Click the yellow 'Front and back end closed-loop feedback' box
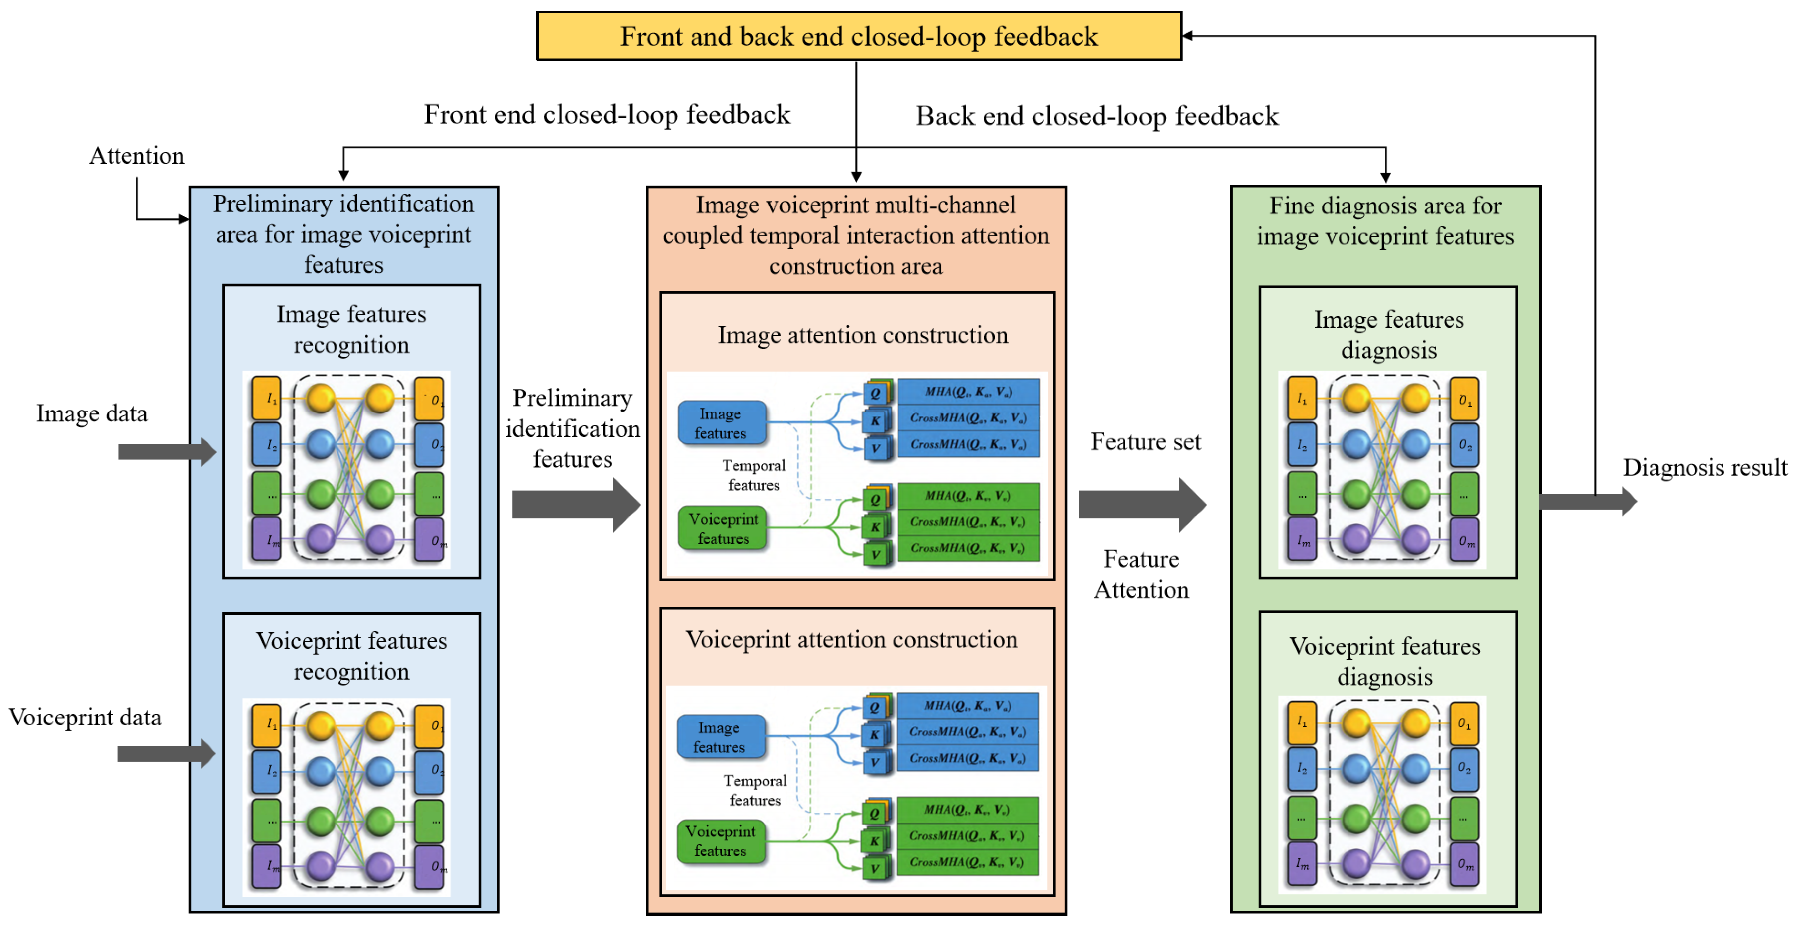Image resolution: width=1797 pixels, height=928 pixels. [x=858, y=36]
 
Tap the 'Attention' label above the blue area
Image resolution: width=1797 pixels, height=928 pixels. [x=137, y=155]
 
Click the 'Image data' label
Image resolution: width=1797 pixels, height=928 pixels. [x=92, y=413]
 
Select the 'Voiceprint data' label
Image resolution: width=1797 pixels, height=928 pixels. [x=85, y=718]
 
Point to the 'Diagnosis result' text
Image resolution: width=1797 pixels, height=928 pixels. [x=1704, y=467]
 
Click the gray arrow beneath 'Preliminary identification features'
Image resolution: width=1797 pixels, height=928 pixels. [x=575, y=505]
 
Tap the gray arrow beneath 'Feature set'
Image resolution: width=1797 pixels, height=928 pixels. [x=1141, y=505]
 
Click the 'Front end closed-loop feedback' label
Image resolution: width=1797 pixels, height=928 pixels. [x=607, y=115]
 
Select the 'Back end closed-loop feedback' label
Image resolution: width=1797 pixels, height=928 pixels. [x=1097, y=116]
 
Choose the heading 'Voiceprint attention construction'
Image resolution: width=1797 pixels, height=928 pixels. [x=851, y=640]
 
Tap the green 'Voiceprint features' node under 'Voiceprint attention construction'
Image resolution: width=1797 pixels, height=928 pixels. [x=721, y=841]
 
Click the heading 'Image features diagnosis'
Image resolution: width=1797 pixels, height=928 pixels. [x=1388, y=335]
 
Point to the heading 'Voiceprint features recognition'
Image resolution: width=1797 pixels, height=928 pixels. [x=351, y=656]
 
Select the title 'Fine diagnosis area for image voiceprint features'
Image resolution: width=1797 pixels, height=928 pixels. [x=1385, y=221]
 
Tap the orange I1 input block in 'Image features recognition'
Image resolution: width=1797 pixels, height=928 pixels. [x=266, y=399]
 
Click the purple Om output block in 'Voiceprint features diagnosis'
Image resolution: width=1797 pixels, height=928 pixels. [x=1464, y=864]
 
